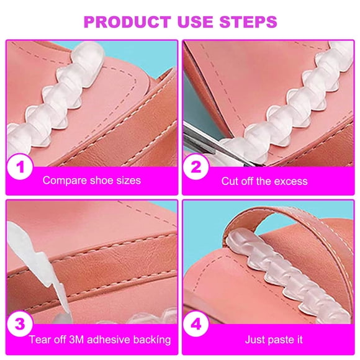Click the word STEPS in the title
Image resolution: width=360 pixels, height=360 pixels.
246,22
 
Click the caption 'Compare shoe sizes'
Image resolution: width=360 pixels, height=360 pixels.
91,181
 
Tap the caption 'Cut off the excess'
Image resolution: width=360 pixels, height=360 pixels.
264,181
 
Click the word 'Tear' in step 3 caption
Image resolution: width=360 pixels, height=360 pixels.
40,340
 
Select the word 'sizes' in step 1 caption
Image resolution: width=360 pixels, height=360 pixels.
128,181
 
